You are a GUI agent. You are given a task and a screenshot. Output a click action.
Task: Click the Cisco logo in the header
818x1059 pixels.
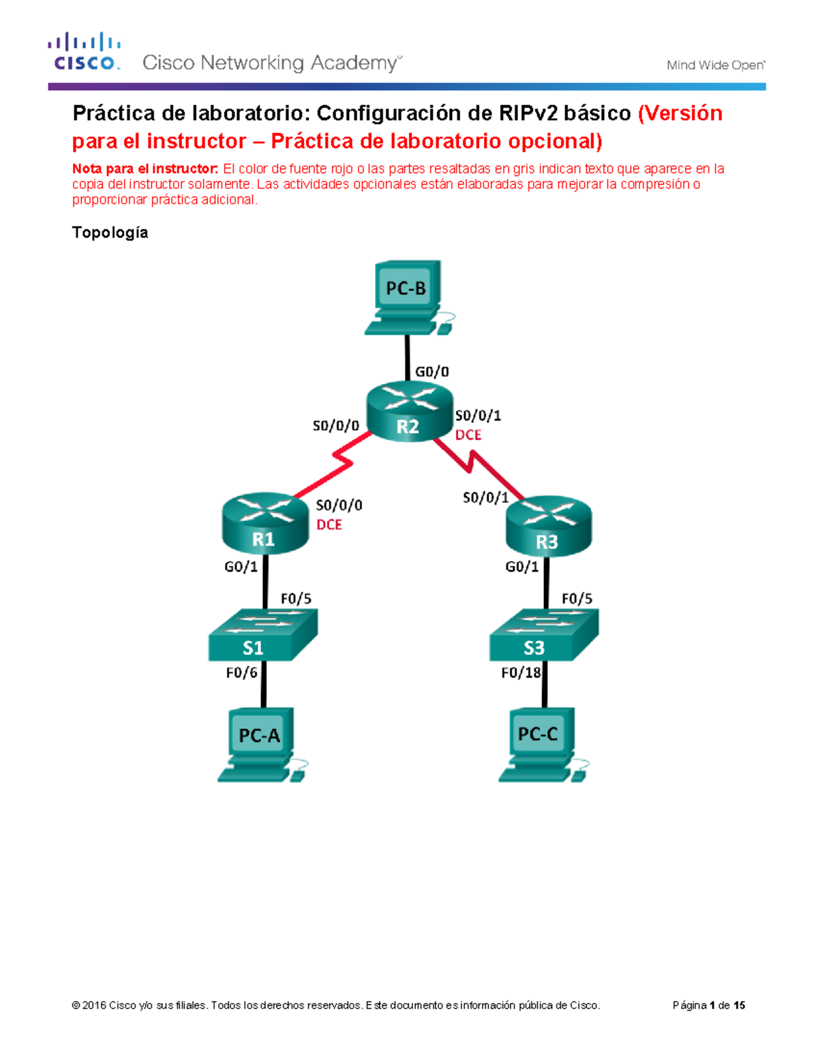[x=85, y=52]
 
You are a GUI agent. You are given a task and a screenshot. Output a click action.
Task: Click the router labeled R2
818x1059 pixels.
[x=409, y=412]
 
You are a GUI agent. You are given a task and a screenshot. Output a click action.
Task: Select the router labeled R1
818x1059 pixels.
[x=265, y=523]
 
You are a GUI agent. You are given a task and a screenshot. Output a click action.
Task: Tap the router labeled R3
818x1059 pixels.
[x=548, y=526]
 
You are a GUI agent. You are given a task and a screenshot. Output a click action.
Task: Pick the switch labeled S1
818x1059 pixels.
[x=262, y=636]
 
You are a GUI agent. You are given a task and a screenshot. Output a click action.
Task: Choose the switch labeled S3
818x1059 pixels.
[x=543, y=636]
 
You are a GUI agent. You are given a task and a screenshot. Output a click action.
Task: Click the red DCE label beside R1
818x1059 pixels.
[x=329, y=524]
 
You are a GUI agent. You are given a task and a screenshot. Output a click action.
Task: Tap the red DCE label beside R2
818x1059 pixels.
[x=468, y=435]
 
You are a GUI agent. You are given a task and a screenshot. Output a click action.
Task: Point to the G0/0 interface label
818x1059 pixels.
[x=432, y=372]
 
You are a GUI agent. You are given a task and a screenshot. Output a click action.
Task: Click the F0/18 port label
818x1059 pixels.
[x=521, y=673]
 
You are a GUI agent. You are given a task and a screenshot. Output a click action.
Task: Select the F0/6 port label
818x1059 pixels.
[x=241, y=673]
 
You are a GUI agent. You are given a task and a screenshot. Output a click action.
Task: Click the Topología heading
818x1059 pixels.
[x=110, y=233]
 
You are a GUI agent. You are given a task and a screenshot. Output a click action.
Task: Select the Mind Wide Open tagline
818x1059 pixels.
[x=715, y=65]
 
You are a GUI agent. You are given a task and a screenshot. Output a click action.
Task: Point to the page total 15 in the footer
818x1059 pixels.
[x=739, y=1005]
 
